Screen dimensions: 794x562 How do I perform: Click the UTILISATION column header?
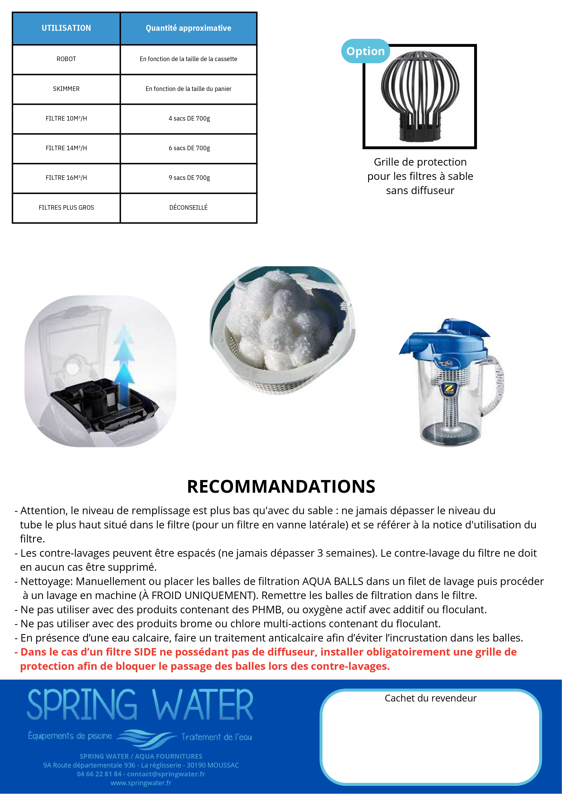point(66,28)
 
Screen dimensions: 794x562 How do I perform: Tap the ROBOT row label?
point(66,59)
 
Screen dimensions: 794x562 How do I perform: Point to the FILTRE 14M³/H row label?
point(66,148)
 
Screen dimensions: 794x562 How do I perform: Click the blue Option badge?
point(365,51)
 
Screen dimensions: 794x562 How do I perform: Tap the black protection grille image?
point(420,97)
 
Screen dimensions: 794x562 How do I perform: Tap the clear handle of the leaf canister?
point(497,384)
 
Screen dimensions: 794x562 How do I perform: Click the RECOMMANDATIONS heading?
point(281,486)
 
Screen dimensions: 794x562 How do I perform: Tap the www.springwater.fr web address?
point(141,783)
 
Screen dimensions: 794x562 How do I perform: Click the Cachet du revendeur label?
point(430,698)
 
